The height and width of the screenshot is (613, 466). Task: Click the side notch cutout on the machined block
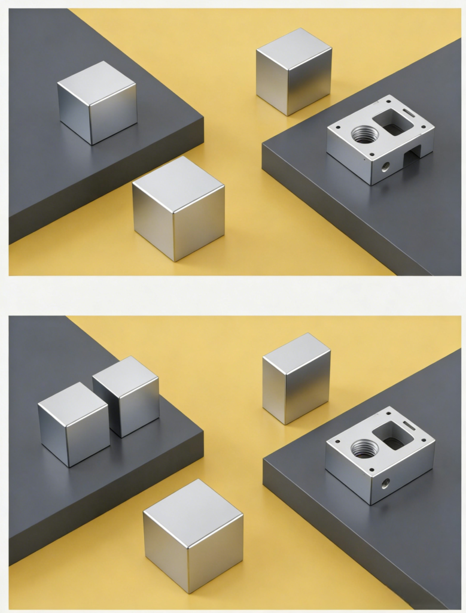click(x=411, y=158)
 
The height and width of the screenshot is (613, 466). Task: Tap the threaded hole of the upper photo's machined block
click(x=364, y=134)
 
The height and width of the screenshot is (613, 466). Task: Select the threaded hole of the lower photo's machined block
click(x=364, y=448)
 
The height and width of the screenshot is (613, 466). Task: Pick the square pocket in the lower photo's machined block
click(x=392, y=435)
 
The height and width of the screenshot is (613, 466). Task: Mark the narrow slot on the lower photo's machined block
click(x=409, y=425)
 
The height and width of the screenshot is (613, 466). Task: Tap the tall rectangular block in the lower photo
click(x=296, y=378)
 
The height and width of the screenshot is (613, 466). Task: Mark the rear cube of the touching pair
click(x=127, y=395)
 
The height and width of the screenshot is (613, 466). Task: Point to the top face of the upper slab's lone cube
click(x=96, y=82)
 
